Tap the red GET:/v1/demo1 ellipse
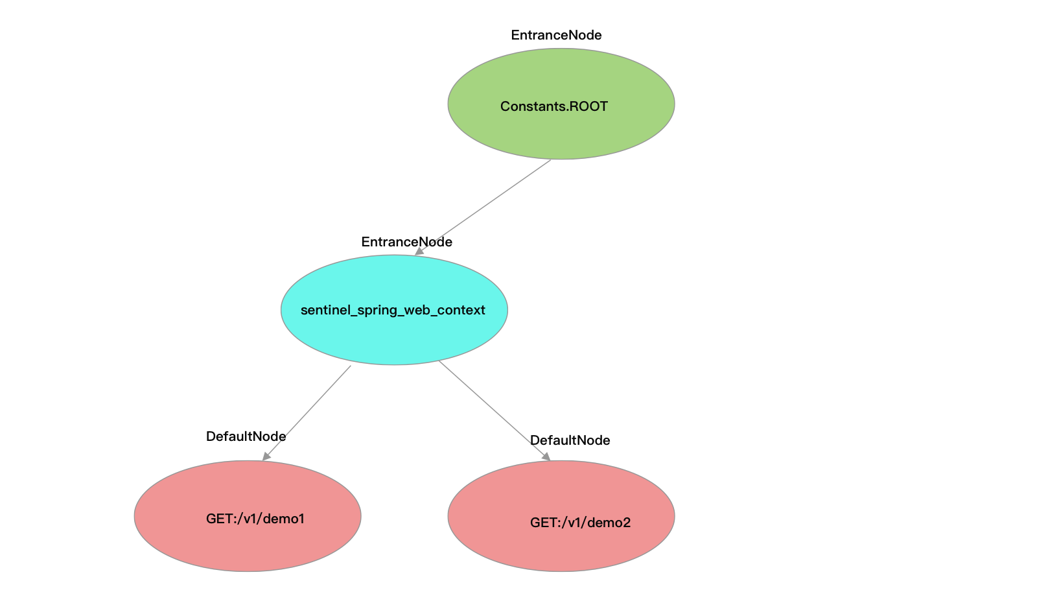[x=248, y=545]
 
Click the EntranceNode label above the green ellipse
[x=556, y=35]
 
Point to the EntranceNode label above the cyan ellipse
[x=406, y=242]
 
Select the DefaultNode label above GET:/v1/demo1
[x=246, y=436]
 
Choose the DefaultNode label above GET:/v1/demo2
[x=570, y=440]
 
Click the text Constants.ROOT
[x=553, y=106]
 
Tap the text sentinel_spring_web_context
[x=393, y=310]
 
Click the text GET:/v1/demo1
[x=255, y=519]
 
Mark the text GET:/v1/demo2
[x=580, y=523]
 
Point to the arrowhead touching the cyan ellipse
[x=419, y=251]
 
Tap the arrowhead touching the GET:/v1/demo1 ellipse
[x=266, y=456]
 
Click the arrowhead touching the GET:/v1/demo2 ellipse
[x=546, y=456]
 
